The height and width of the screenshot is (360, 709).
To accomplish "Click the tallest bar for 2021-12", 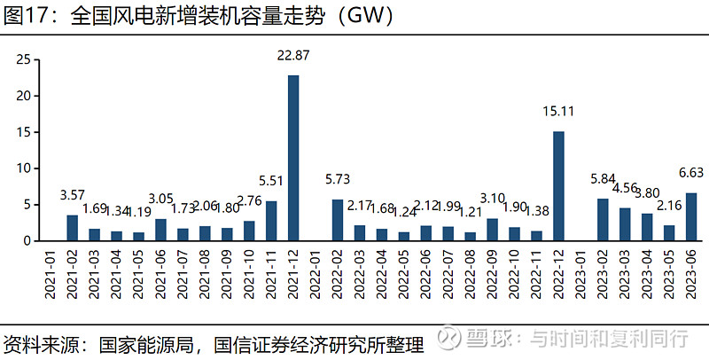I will click(x=292, y=158).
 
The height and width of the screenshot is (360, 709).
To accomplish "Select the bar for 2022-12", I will click(x=558, y=186).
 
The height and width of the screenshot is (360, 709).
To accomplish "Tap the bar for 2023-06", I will click(x=691, y=216).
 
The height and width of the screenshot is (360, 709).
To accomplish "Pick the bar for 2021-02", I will click(x=72, y=228).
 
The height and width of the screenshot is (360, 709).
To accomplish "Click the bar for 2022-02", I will click(x=338, y=220).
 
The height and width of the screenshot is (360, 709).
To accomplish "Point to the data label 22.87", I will click(x=293, y=56).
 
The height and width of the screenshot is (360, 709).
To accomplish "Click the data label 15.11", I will click(x=558, y=112).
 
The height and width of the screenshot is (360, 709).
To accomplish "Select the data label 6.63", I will click(x=691, y=173).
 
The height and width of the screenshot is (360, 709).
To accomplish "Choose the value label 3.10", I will click(x=492, y=198).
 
